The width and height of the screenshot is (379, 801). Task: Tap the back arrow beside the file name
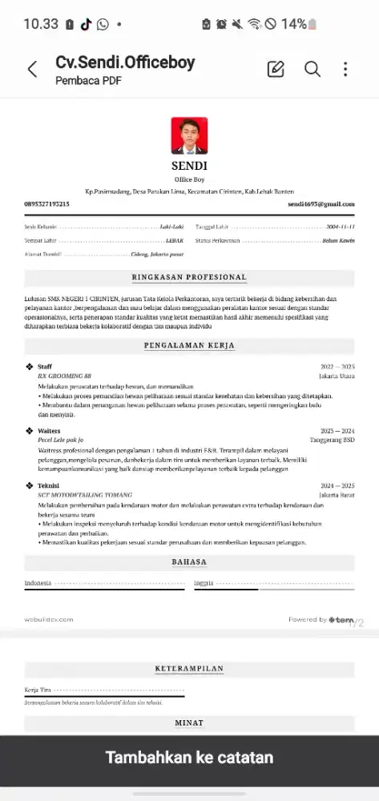pos(32,70)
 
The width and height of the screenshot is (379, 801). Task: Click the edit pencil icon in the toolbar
pos(276,70)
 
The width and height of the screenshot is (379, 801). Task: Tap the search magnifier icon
pos(312,70)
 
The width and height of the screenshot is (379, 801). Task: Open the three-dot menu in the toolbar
pos(345,70)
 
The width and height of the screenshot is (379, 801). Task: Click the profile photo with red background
pos(189,136)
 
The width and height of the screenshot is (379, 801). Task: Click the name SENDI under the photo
pos(189,166)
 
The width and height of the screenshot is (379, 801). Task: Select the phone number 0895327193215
pos(47,204)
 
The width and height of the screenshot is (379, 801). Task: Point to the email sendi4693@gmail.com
pos(321,204)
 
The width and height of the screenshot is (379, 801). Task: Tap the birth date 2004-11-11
pos(341,227)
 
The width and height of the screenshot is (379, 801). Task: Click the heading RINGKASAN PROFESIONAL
pos(189,278)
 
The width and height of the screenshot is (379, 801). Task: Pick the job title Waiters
pos(50,431)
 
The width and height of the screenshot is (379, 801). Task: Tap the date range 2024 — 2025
pos(337,485)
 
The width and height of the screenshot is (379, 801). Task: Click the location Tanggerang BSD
pos(332,441)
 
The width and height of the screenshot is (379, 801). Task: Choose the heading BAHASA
pos(189,562)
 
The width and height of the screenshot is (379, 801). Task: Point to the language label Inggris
pos(204,582)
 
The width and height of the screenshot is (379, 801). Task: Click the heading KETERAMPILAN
pos(189,669)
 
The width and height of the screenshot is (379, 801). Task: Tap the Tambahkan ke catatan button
pos(189,758)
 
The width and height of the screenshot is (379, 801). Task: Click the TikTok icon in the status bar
pos(86,24)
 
